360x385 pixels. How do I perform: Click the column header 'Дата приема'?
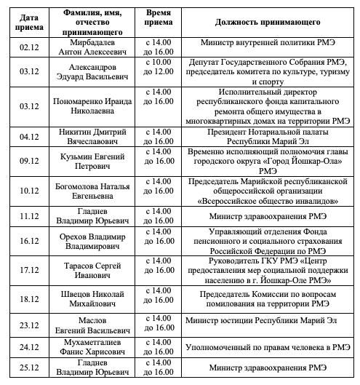(29, 20)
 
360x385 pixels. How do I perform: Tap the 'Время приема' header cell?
(160, 20)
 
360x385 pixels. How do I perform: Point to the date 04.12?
(29, 136)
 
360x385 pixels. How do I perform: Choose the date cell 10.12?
(29, 191)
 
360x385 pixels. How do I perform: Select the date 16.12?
(29, 239)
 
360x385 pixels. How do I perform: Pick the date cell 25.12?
(29, 368)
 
